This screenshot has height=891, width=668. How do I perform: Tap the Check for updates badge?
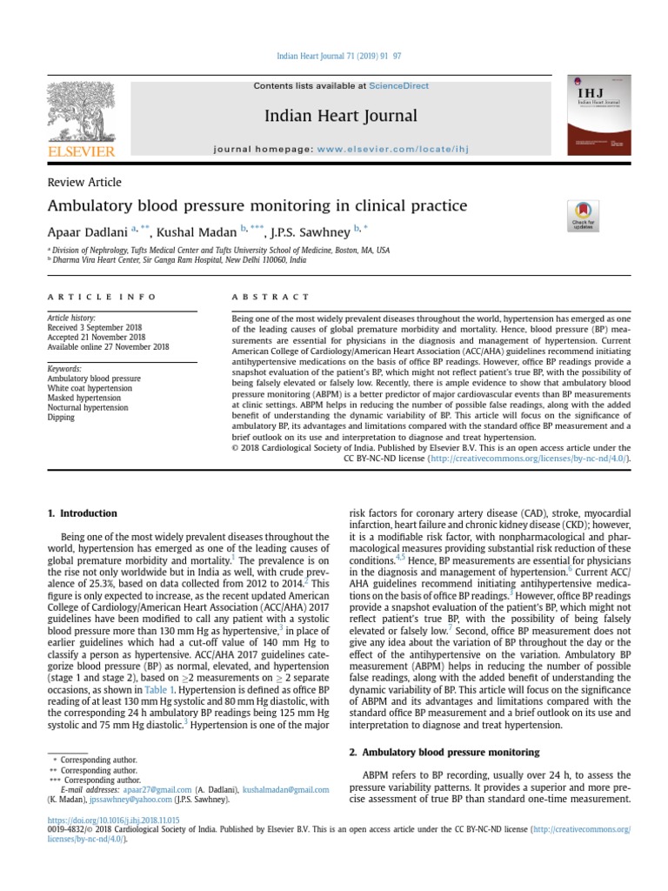point(582,215)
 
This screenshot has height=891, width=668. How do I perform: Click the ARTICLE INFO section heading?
point(102,297)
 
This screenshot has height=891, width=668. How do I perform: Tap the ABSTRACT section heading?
point(271,297)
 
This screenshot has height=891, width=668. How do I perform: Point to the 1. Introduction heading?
point(82,513)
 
